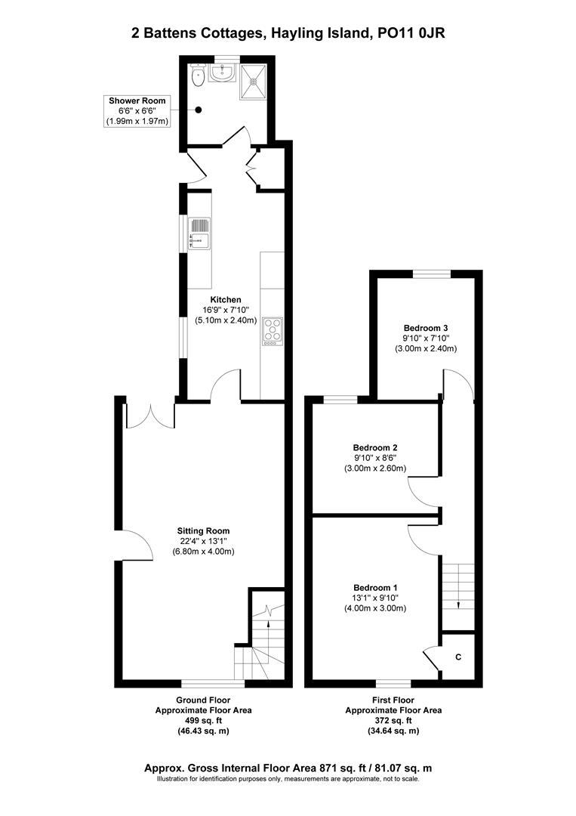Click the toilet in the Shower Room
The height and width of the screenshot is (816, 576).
pos(198,74)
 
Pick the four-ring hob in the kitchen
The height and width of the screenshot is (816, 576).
pos(272,330)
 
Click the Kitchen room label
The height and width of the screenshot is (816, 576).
pos(226,300)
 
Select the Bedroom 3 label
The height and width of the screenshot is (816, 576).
pos(426,328)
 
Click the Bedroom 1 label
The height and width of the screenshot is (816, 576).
pos(375,588)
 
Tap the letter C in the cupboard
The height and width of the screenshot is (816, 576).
pos(458,657)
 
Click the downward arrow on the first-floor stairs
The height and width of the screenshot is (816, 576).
pos(458,604)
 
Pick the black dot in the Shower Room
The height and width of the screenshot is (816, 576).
pos(199,110)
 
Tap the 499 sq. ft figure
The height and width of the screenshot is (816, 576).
pos(203,721)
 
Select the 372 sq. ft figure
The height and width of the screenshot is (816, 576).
pos(393,721)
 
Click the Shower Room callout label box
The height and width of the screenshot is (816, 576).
pos(137,110)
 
